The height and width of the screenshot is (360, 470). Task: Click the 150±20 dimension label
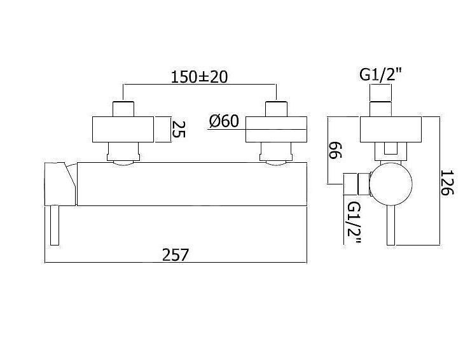tap(199, 77)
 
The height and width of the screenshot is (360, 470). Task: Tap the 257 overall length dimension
tap(176, 255)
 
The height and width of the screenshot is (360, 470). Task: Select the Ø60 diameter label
tap(224, 121)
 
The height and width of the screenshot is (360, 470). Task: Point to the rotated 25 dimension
tap(179, 129)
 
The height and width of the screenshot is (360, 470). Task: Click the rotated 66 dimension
tap(335, 150)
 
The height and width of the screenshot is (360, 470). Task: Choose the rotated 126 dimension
tap(447, 183)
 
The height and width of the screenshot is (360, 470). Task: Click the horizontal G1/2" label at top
tap(380, 75)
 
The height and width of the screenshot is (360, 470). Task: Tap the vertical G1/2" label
tap(354, 223)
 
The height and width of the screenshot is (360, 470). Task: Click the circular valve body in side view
tap(391, 184)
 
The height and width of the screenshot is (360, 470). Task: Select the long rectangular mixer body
tap(192, 184)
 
